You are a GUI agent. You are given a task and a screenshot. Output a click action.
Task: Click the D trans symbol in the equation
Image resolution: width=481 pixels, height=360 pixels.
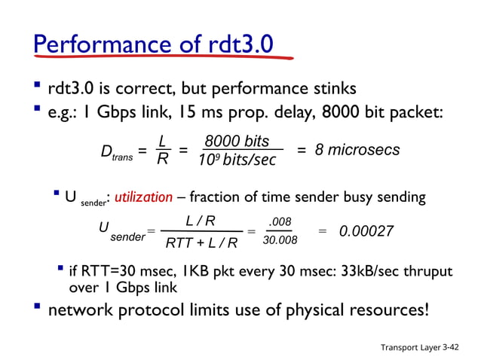[116, 153]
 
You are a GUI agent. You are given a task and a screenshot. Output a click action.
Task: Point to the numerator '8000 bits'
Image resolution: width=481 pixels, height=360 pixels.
[237, 142]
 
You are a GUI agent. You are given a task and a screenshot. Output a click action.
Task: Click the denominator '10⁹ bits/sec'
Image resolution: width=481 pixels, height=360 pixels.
[237, 161]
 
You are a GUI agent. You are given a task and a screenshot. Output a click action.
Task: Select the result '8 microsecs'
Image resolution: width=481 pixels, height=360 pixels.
[357, 151]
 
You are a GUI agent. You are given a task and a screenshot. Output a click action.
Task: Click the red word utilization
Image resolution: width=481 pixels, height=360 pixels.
[149, 197]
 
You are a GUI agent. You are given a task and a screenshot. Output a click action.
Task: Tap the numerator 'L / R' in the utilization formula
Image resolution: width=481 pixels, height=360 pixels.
[201, 221]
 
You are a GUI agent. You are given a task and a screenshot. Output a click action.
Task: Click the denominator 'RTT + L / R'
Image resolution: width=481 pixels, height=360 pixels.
[201, 243]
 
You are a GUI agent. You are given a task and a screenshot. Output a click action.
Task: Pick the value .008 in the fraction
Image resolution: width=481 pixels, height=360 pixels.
[280, 222]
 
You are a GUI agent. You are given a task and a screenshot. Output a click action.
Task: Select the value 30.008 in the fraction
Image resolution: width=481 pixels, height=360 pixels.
[280, 241]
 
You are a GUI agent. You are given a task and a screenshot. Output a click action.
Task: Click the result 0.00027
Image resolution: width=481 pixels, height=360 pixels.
[366, 231]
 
